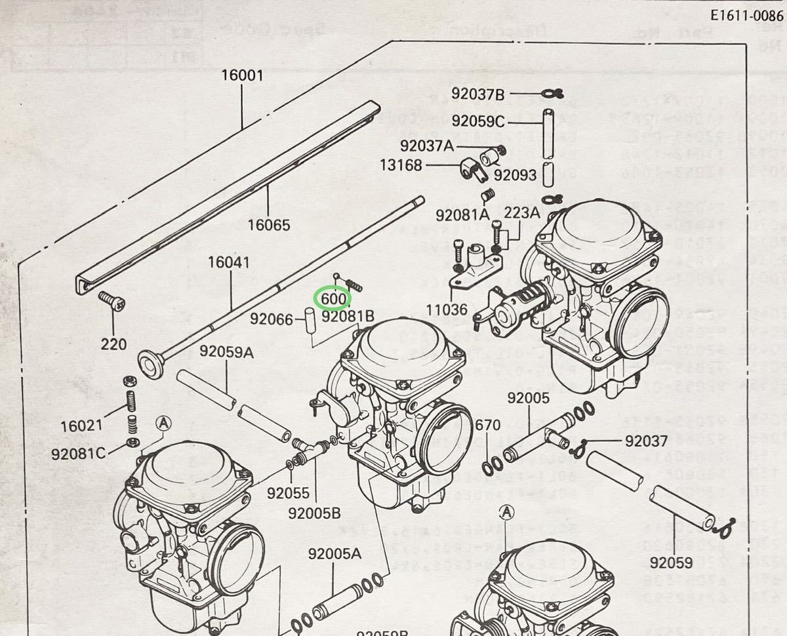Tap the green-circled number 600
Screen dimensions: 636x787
click(333, 299)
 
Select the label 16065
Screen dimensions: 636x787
click(268, 226)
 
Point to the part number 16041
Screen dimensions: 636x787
click(228, 263)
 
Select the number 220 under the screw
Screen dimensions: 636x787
click(114, 344)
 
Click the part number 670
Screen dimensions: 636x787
click(488, 426)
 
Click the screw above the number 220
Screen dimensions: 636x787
click(111, 301)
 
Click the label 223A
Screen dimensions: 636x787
click(521, 212)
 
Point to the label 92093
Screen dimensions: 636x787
click(515, 175)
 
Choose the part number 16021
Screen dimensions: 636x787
click(81, 425)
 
